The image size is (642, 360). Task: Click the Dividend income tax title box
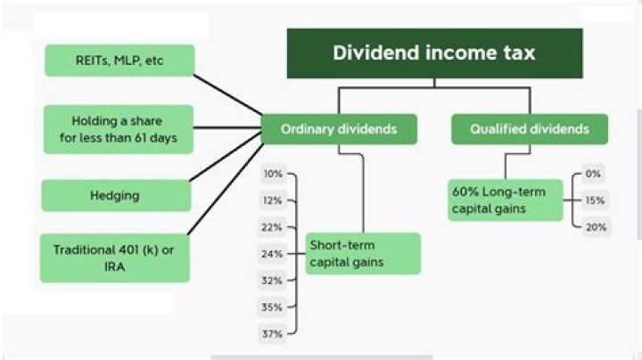(x=434, y=53)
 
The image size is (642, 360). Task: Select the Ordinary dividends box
(x=338, y=129)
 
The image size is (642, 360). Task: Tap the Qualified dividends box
(x=530, y=129)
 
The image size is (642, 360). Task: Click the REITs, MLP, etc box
(x=118, y=61)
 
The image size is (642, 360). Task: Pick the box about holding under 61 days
(x=118, y=128)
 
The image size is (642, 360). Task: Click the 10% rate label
(x=272, y=174)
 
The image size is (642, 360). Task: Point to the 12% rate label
(x=272, y=200)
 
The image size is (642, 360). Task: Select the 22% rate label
(x=272, y=227)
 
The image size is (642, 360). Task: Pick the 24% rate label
(x=272, y=254)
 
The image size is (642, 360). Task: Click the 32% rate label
(x=272, y=280)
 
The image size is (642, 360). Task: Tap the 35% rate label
(x=272, y=307)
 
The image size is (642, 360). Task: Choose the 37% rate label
(x=272, y=333)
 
